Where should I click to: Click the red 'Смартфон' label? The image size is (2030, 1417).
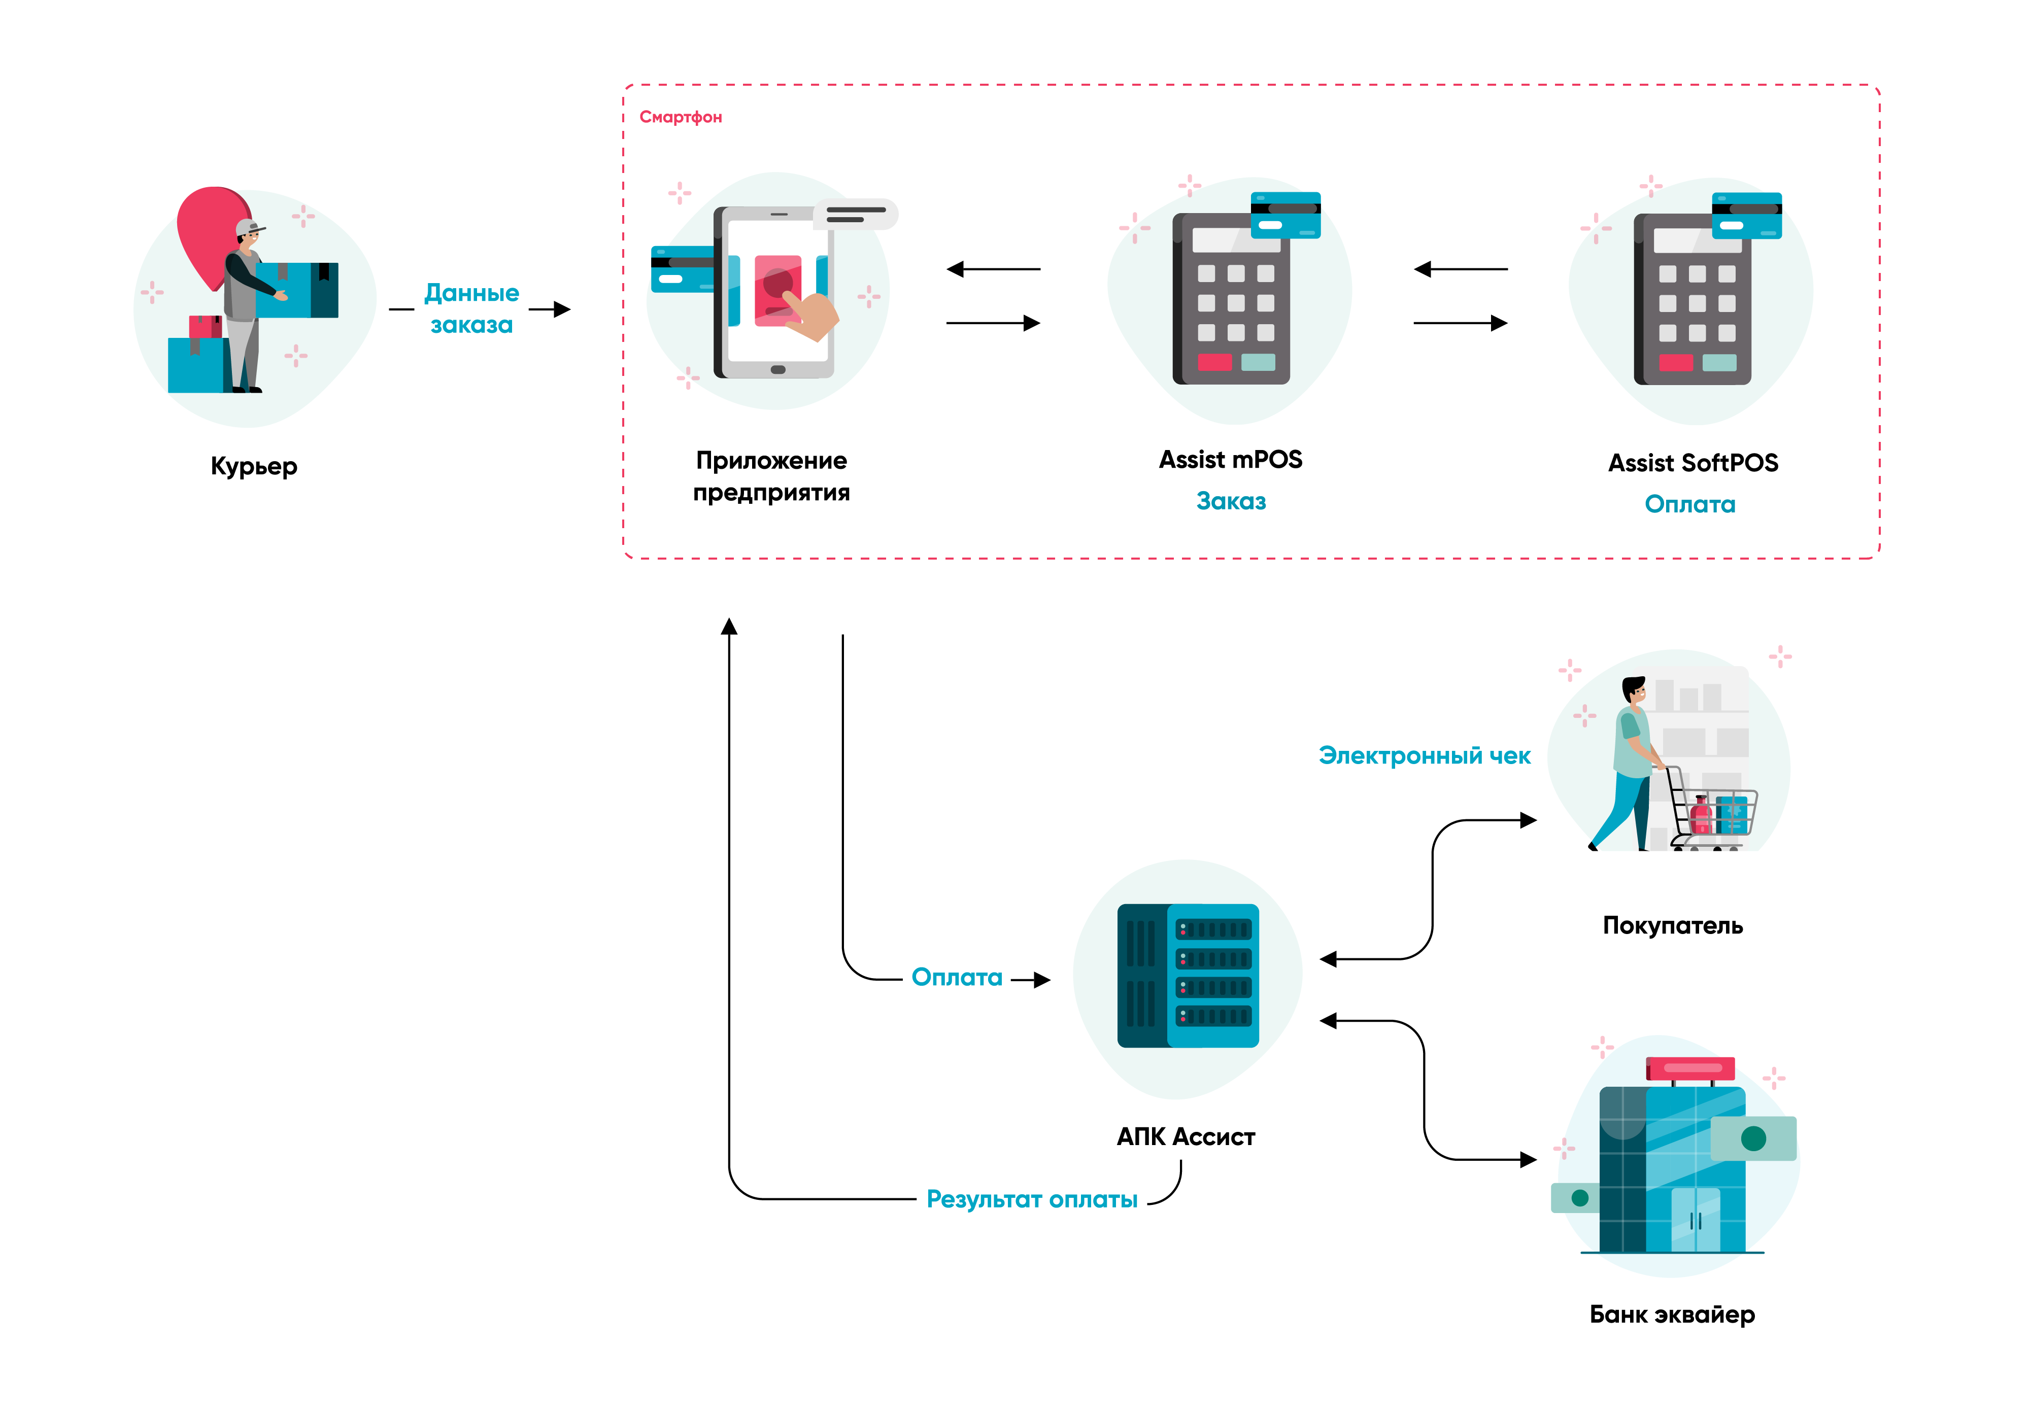click(680, 117)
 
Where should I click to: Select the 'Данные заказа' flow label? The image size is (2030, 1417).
click(471, 308)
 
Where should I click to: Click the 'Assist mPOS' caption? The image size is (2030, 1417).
click(1230, 460)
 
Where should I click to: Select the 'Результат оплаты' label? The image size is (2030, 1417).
click(1032, 1199)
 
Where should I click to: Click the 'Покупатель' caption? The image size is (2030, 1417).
click(1672, 925)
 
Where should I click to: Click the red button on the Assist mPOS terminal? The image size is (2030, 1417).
click(1214, 362)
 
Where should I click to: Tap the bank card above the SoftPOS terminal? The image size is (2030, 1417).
click(1746, 216)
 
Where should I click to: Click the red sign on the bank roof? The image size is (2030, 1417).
click(1689, 1068)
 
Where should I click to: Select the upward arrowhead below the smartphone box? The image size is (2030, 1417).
click(729, 627)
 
